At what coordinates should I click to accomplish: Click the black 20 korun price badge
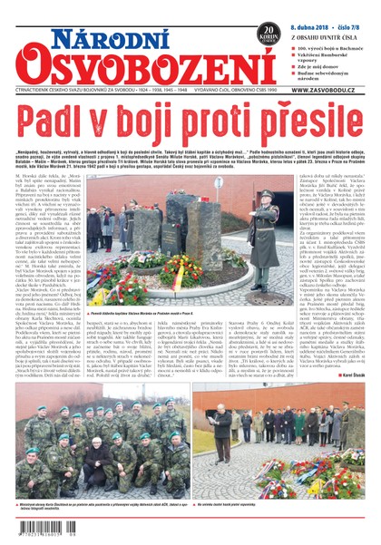click(x=268, y=33)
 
